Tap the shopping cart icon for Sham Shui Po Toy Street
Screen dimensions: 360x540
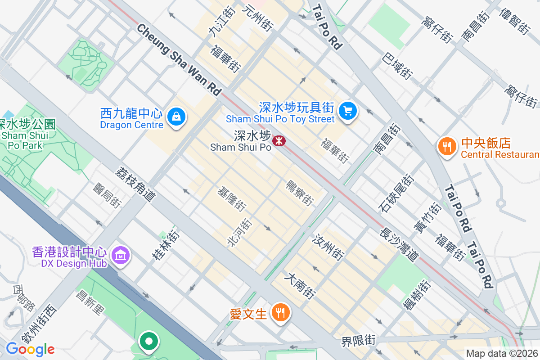click(347, 111)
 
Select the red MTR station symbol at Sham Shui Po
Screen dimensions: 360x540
click(279, 141)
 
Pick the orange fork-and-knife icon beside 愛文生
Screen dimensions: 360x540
click(280, 313)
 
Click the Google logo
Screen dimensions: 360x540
click(30, 349)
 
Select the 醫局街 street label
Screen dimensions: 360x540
click(107, 196)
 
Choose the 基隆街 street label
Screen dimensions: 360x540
click(231, 199)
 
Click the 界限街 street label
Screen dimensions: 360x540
click(358, 340)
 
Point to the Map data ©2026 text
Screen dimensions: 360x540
click(502, 354)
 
